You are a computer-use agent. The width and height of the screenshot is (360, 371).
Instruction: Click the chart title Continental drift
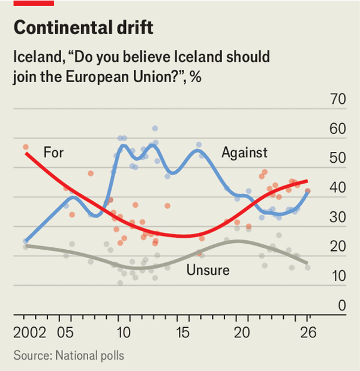click(83, 28)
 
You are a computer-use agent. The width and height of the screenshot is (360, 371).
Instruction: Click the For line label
click(53, 152)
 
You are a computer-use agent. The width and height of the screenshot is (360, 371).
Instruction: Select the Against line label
click(244, 152)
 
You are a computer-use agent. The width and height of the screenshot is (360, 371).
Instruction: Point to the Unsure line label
click(208, 270)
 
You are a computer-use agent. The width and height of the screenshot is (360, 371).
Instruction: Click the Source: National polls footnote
click(68, 355)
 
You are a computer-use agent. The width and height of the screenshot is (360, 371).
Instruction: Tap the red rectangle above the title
click(34, 3)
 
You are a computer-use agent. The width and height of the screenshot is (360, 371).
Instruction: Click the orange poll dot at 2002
click(26, 146)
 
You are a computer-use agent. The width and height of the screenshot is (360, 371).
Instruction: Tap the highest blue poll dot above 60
click(155, 128)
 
